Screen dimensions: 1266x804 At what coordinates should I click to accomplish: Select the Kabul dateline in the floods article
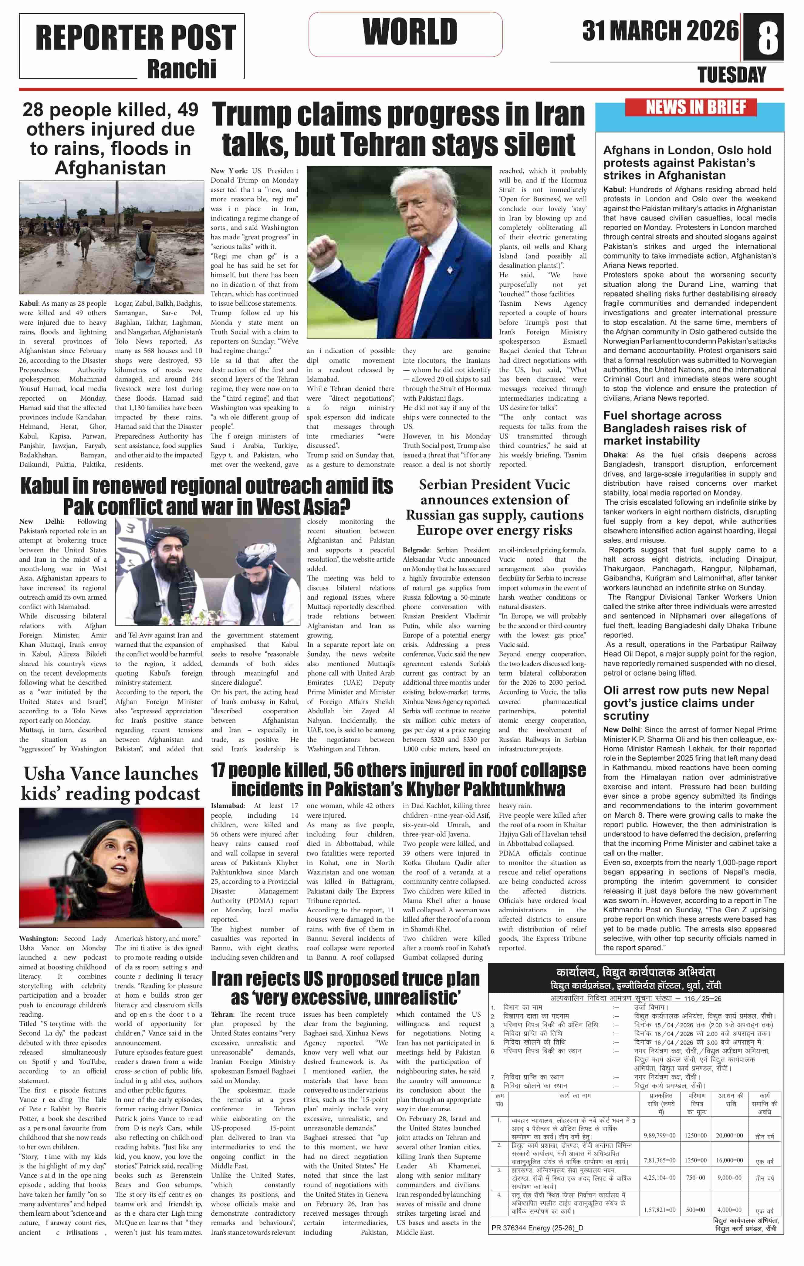click(x=29, y=303)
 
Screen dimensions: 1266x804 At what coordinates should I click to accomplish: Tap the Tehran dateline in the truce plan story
click(x=222, y=1014)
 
